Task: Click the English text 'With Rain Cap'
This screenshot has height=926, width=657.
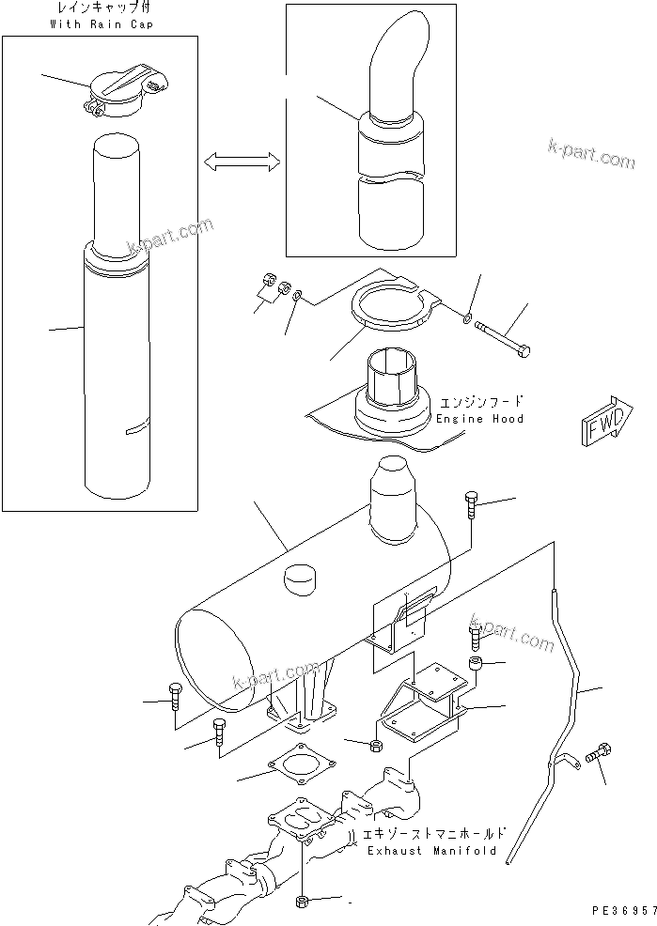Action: [100, 23]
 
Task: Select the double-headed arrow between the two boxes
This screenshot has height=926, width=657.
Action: [242, 163]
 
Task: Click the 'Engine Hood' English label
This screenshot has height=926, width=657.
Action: [479, 418]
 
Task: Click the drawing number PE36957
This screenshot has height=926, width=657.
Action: [621, 912]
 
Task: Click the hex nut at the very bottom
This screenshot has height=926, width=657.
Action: [304, 903]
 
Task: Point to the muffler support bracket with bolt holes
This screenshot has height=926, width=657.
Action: [424, 704]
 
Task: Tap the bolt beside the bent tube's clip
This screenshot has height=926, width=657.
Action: [599, 754]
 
